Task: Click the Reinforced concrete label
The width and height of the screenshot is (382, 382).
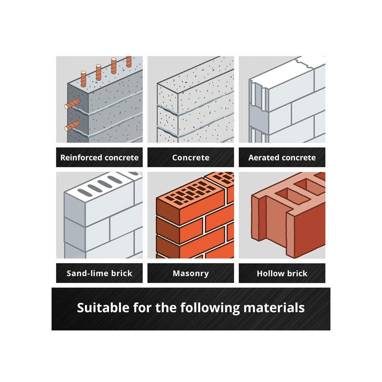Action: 99,158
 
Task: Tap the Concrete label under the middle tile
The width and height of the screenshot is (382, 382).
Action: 191,158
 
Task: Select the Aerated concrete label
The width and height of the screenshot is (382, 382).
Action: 282,158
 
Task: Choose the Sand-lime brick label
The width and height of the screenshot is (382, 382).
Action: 99,273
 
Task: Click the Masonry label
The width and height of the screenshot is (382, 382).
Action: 191,274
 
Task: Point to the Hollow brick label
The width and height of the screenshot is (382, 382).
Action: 282,273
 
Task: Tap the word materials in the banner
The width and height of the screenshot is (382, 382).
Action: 274,308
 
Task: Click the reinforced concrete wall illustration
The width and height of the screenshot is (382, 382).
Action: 99,99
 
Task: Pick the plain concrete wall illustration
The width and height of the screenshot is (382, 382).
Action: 191,99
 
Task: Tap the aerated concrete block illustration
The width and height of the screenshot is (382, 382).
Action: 282,99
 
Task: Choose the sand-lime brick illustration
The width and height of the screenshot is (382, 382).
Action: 99,215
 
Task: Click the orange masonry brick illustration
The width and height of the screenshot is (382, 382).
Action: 191,215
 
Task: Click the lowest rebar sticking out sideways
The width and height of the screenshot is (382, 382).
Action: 72,126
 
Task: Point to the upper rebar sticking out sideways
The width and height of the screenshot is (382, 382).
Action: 72,104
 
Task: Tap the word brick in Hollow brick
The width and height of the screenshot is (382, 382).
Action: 297,273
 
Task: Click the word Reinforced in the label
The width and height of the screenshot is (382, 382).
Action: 81,158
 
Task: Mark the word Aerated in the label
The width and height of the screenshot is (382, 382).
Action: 264,158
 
